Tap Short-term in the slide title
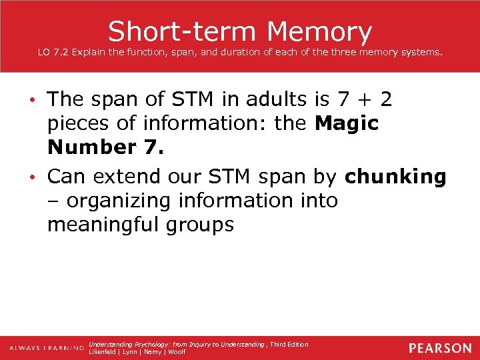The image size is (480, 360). point(182,31)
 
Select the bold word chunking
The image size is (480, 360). point(396,177)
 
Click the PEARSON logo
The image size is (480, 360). point(439,348)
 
